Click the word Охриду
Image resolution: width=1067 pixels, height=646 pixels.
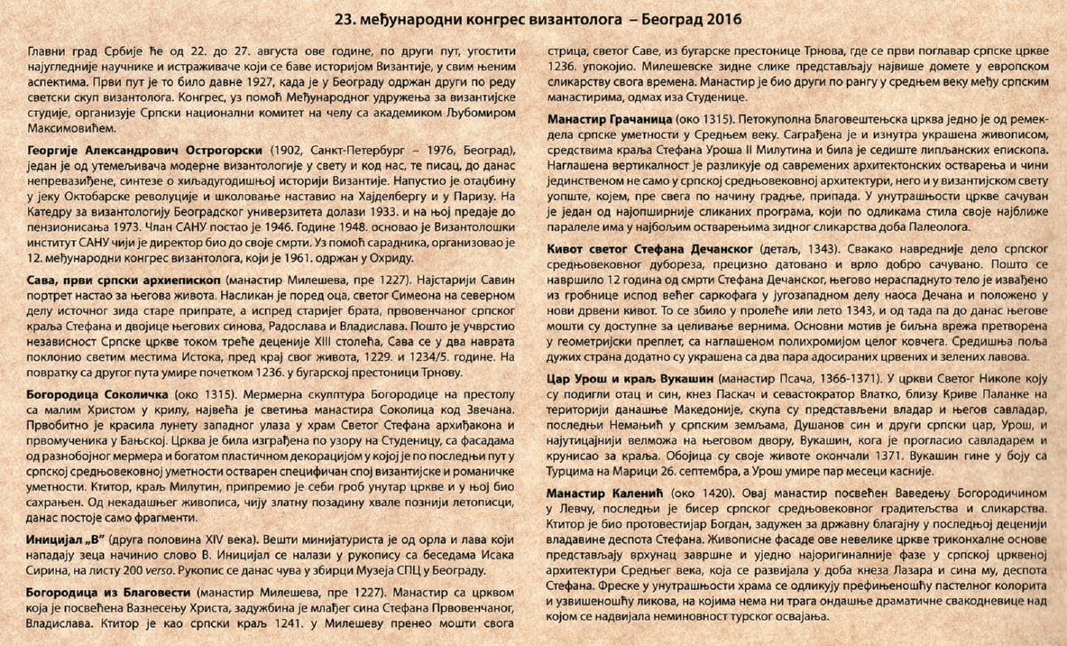tap(389, 260)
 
